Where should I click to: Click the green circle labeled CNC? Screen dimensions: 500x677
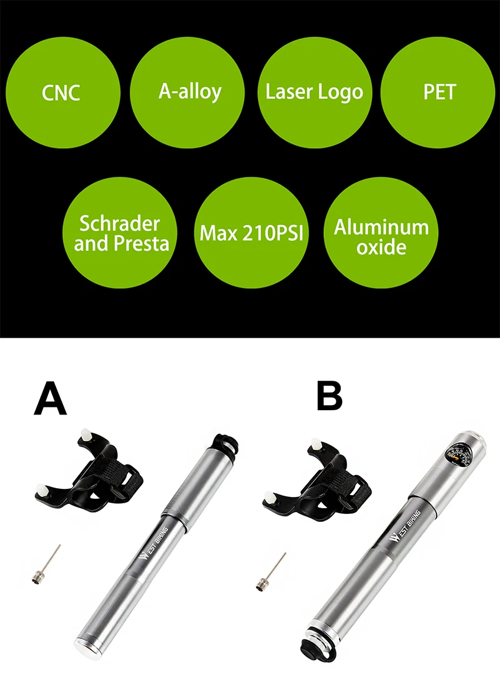coord(62,93)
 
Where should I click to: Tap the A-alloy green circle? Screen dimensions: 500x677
coord(187,91)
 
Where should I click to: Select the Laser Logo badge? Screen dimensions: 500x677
coord(314,91)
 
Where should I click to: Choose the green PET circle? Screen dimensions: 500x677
coord(438,91)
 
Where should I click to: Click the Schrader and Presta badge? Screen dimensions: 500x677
coord(120,233)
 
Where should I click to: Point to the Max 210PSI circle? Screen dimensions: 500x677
coord(252,233)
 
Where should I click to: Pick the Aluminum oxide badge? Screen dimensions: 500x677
coord(381,233)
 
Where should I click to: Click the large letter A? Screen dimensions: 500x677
coord(51,399)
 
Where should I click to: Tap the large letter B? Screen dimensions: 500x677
coord(330,396)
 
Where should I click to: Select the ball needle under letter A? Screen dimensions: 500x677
coord(46,564)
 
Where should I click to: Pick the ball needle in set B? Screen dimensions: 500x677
coord(271,571)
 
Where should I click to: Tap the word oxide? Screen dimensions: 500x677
coord(381,248)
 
